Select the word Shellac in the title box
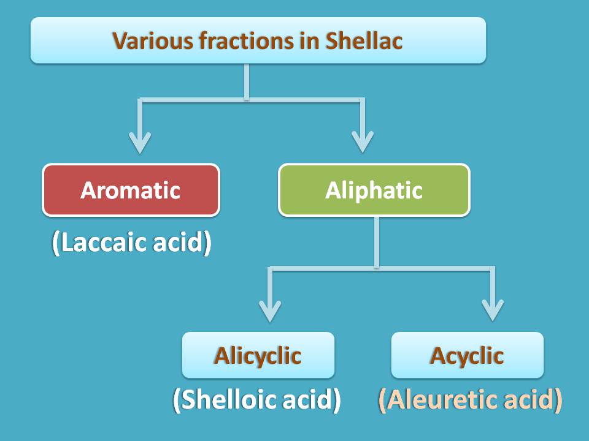point(364,40)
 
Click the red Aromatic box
point(131,190)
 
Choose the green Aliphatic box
point(374,190)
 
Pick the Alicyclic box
point(258,355)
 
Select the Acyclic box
point(468,355)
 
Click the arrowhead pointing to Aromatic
point(140,143)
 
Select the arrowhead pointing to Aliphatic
point(363,141)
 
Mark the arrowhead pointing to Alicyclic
point(270,311)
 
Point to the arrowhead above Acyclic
point(493,311)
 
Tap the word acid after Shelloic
point(307,399)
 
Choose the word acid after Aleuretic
point(528,399)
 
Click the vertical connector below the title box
point(247,81)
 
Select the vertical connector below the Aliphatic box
point(376,243)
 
